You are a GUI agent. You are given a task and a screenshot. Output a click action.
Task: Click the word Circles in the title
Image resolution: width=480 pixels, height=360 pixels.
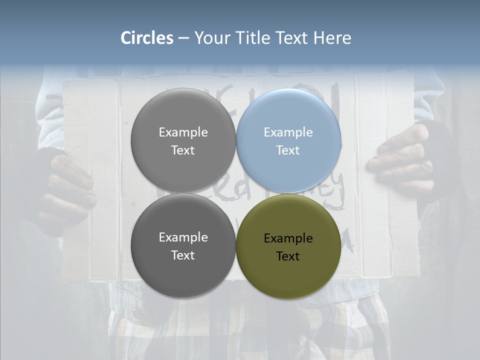[x=147, y=38]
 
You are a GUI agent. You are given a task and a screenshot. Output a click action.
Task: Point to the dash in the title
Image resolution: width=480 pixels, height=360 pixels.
[x=183, y=38]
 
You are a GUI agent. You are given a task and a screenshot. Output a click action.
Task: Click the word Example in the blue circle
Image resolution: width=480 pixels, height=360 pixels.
[x=288, y=132]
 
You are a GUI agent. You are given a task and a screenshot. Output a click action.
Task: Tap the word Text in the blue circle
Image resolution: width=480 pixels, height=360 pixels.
[x=288, y=150]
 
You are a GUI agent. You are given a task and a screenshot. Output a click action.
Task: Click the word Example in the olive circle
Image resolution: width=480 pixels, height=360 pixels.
[x=288, y=238]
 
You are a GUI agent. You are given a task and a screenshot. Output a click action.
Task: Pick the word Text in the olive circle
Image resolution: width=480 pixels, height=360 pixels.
[x=288, y=256]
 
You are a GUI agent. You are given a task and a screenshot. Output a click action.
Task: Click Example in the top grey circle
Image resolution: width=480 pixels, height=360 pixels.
[x=183, y=132]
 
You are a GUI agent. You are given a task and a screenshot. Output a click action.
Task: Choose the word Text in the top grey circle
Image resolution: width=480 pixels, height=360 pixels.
[x=183, y=150]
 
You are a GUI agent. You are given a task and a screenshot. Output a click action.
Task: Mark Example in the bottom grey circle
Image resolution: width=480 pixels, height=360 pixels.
[x=183, y=237]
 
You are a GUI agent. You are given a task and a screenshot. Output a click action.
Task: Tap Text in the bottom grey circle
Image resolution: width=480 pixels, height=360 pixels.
[x=183, y=255]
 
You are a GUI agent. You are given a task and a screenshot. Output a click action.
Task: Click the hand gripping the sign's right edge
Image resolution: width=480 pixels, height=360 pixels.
[x=400, y=160]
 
